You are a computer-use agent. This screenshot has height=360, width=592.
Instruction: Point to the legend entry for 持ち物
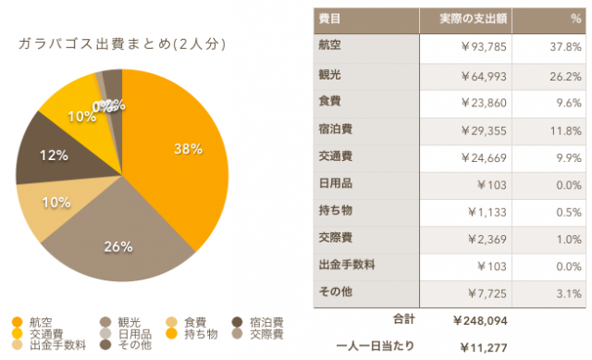pyautogui.click(x=199, y=334)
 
